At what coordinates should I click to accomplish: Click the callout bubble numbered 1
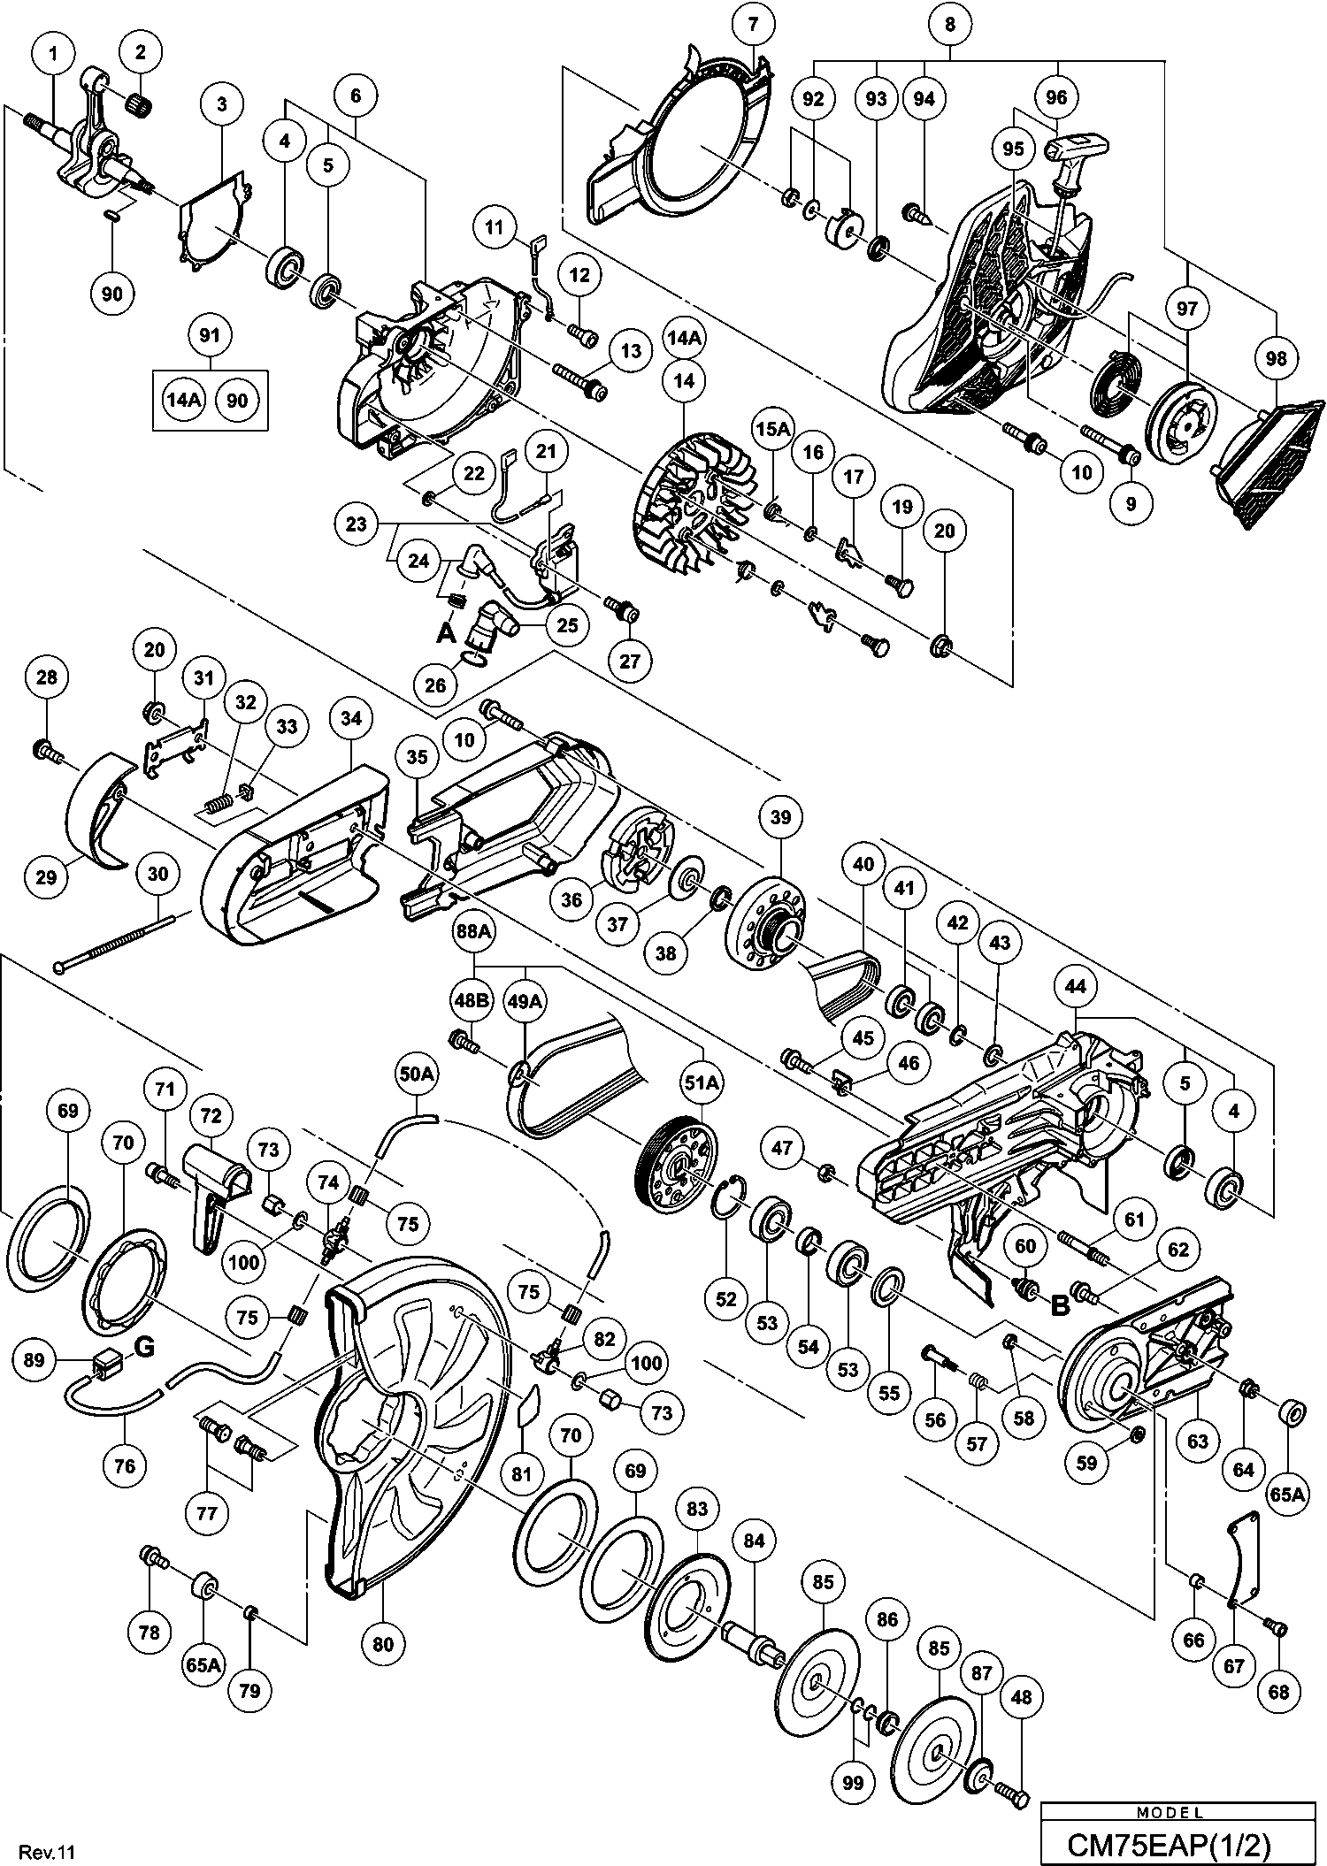[x=53, y=54]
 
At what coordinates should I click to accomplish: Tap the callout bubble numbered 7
[x=753, y=24]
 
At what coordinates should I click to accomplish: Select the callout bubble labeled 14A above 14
[x=684, y=338]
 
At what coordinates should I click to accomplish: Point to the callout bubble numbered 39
[x=780, y=817]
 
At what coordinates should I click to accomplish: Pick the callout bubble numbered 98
[x=1276, y=358]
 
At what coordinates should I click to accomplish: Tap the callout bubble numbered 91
[x=210, y=336]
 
